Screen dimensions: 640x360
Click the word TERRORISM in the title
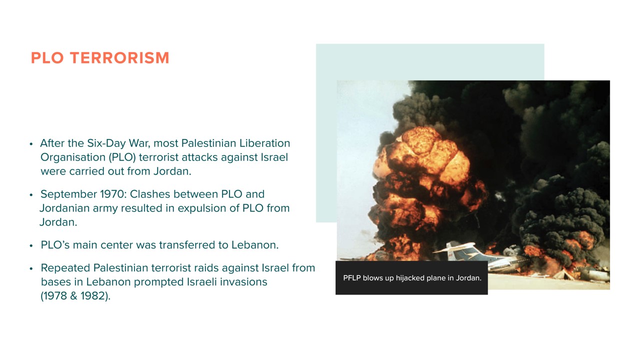[x=119, y=57]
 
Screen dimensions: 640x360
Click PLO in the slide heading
[x=47, y=57]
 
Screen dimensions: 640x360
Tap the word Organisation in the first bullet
[x=73, y=157]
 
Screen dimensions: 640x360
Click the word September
[x=68, y=194]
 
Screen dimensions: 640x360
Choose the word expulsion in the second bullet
[x=201, y=208]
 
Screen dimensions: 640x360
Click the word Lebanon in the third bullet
[x=255, y=245]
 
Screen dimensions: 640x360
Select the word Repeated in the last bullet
[x=65, y=268]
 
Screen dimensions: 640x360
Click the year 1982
[x=93, y=296]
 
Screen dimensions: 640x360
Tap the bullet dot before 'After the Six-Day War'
[x=31, y=144]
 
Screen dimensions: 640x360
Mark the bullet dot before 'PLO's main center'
[x=31, y=245]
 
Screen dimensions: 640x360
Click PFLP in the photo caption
[x=351, y=278]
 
